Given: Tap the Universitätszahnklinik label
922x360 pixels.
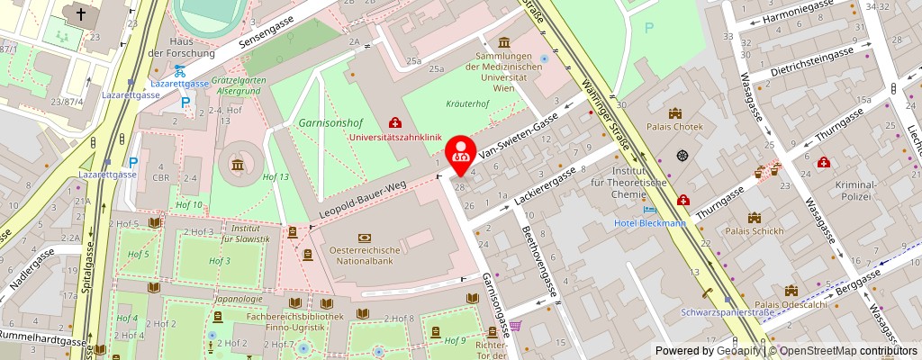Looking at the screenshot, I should click(x=395, y=138).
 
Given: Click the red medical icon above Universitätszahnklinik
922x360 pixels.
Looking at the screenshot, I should click(x=394, y=122).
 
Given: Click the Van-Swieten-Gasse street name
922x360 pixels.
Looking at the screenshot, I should click(x=525, y=133).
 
